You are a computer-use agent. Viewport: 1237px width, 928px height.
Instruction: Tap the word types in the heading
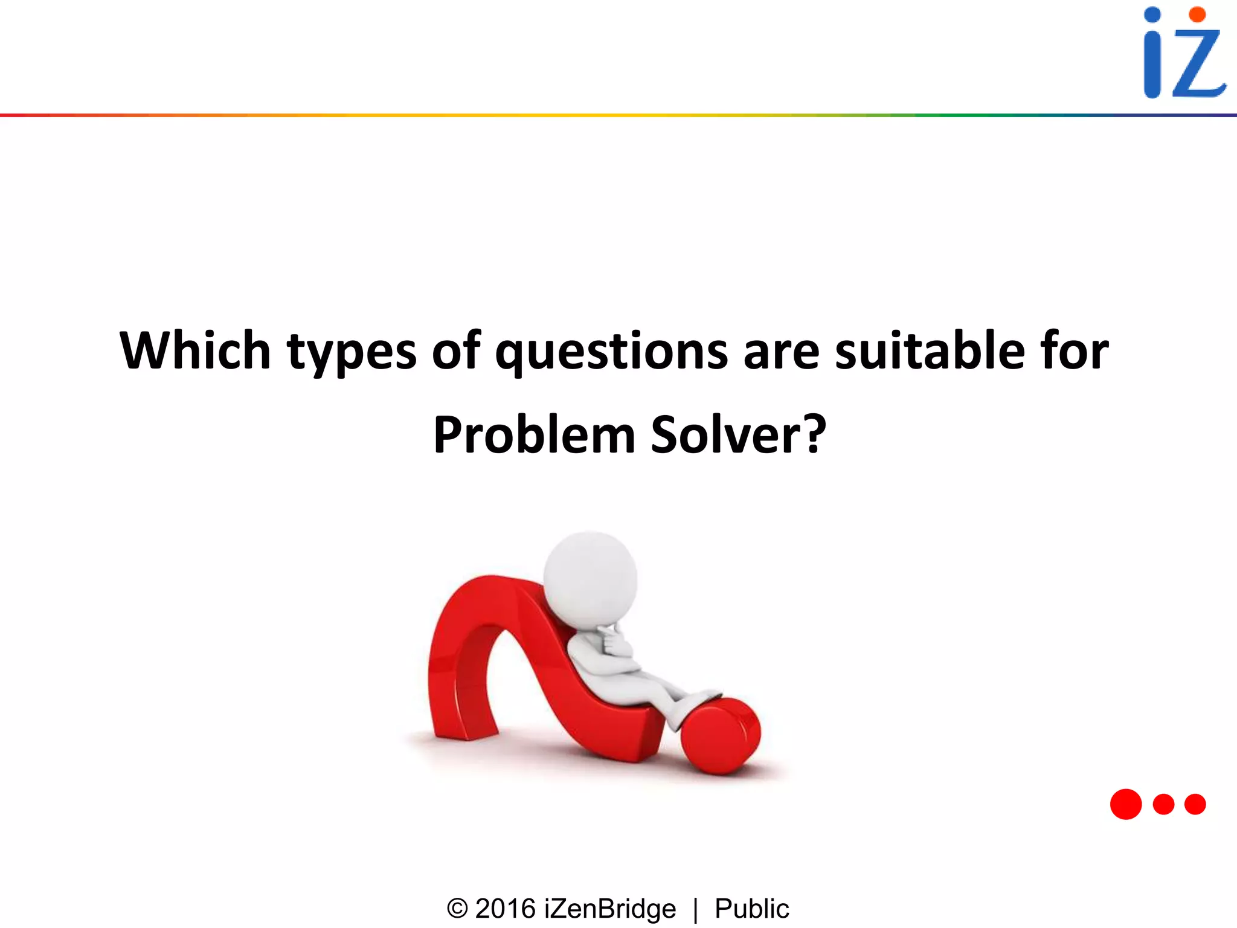352,353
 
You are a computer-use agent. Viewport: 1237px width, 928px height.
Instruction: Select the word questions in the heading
611,353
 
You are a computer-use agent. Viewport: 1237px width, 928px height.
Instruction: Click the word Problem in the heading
534,435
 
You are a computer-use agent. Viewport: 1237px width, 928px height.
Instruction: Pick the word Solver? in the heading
738,435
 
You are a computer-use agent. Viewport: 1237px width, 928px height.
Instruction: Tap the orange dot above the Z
1197,14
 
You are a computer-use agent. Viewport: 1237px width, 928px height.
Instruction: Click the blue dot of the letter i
1152,15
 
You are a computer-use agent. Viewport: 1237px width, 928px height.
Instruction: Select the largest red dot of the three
1126,804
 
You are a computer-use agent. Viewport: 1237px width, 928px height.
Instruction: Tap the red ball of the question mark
721,736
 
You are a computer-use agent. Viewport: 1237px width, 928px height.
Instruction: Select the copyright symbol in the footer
457,909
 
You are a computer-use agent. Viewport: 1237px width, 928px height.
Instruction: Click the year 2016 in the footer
506,909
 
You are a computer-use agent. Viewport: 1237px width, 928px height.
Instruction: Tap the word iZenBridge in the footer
610,909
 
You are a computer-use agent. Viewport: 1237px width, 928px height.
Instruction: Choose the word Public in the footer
752,909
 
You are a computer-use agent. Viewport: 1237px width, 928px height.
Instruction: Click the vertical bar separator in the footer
696,910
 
